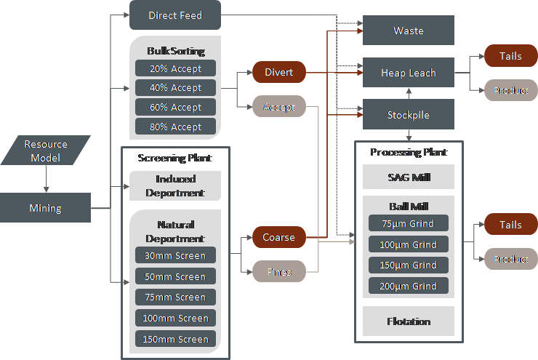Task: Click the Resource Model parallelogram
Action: [45, 151]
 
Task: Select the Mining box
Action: [45, 208]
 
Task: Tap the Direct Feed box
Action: [174, 15]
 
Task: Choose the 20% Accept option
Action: [175, 68]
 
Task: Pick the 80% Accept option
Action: [175, 127]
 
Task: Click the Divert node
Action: [279, 72]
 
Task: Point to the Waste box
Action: [408, 31]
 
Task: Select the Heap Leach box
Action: [408, 73]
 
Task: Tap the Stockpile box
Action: [408, 115]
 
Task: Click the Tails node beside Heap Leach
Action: [510, 57]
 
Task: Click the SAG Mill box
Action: [408, 177]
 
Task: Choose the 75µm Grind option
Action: [408, 223]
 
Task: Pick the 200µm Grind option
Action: [408, 286]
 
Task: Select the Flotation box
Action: [408, 321]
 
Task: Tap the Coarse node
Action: [279, 237]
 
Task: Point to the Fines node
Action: [279, 272]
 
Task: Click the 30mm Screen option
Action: [175, 255]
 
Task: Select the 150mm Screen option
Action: [175, 339]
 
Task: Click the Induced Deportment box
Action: [174, 186]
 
